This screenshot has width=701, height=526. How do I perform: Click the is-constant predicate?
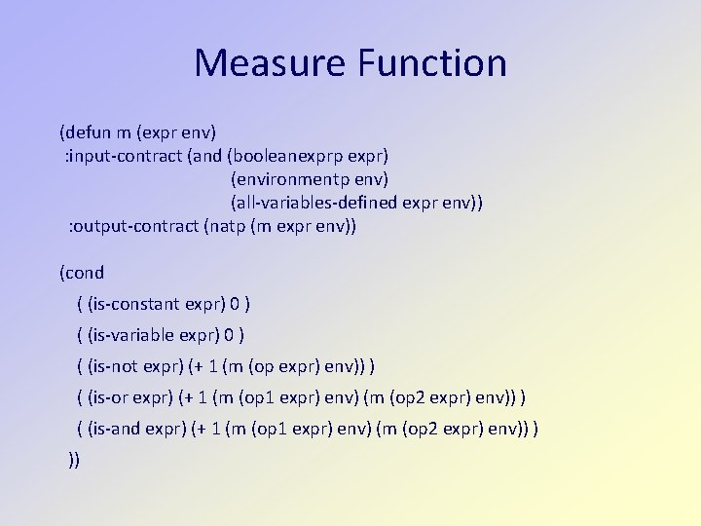click(131, 304)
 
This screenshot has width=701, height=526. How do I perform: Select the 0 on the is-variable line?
click(230, 335)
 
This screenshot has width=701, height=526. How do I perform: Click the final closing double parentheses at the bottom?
click(75, 459)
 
